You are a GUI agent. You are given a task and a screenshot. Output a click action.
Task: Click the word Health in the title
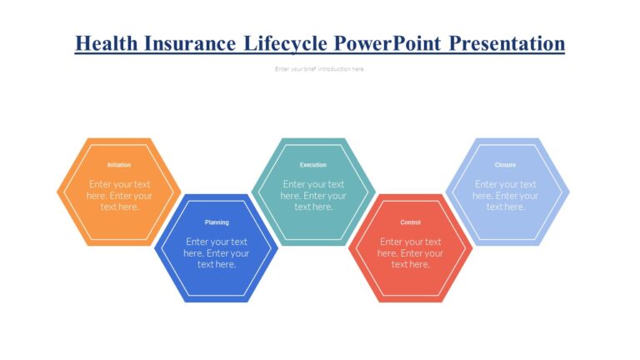click(x=104, y=42)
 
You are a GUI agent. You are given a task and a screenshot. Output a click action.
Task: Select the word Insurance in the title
click(x=189, y=42)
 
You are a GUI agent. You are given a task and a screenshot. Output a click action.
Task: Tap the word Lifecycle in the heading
click(x=286, y=42)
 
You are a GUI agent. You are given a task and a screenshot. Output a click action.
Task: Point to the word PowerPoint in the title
click(x=388, y=42)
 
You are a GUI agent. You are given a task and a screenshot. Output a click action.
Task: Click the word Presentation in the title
click(x=507, y=42)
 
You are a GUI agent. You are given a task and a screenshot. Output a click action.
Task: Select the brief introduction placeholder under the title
click(x=320, y=69)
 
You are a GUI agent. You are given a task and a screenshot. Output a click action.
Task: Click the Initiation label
click(x=119, y=165)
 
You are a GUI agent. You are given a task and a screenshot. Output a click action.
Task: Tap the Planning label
click(x=217, y=222)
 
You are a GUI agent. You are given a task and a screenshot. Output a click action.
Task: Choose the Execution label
click(x=313, y=165)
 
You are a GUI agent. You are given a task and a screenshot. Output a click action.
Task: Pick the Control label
click(x=411, y=222)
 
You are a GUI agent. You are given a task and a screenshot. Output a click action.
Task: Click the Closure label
click(x=505, y=165)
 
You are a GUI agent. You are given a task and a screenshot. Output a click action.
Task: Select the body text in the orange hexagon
click(x=120, y=196)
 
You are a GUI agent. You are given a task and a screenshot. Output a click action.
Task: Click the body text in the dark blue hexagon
click(x=217, y=252)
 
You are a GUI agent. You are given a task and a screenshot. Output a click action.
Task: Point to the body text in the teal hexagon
click(x=313, y=196)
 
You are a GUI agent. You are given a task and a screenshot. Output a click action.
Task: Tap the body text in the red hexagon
click(x=411, y=252)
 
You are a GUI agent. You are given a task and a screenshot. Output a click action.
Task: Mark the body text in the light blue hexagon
click(x=506, y=196)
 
